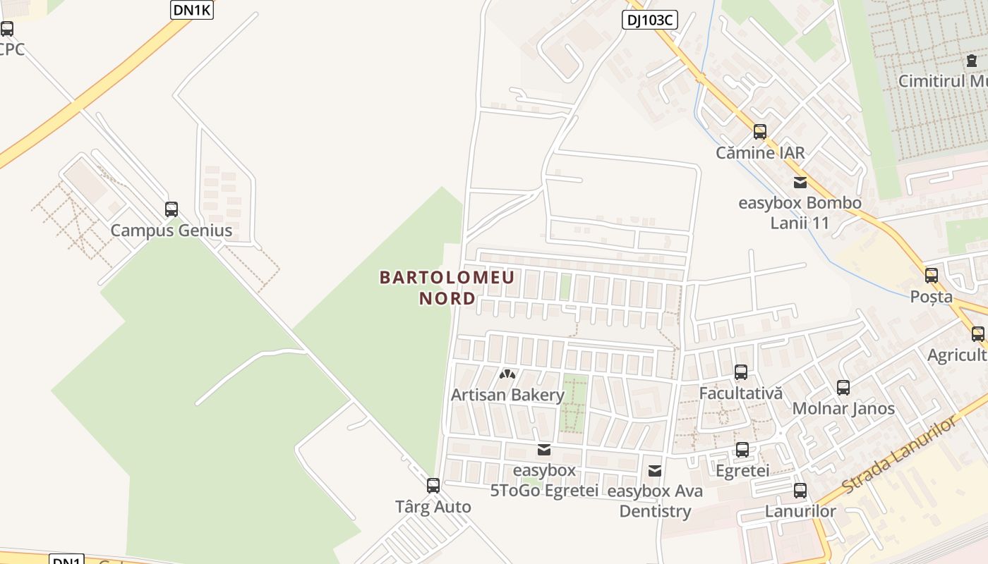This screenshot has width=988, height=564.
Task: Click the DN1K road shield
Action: coord(192,10)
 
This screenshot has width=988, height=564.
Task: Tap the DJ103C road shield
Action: coord(649,20)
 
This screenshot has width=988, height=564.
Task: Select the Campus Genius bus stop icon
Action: coord(171,209)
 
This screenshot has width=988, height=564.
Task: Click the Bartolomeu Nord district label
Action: coord(447,288)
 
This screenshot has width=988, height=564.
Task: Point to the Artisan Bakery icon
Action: coord(507,374)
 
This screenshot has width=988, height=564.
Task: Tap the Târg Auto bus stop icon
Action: coord(433,486)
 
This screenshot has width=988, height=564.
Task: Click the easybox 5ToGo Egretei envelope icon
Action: coord(544,450)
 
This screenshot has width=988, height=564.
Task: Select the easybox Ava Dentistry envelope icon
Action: coord(655,470)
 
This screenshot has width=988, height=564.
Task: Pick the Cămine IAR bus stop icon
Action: coord(760,132)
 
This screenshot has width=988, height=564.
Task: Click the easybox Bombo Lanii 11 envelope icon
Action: coord(800,183)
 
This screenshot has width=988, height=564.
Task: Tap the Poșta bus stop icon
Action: coord(932,276)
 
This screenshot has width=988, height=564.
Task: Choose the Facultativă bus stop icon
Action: coord(741,372)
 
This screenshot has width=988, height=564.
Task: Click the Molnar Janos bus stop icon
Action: coord(843,387)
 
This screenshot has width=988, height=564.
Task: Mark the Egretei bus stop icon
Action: coord(742,450)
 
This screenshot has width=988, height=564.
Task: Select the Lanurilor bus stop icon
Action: coord(800,491)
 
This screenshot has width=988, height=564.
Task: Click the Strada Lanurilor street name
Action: coord(900,454)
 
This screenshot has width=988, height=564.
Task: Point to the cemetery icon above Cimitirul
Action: coord(972,61)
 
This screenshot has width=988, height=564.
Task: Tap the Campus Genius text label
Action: coord(171,231)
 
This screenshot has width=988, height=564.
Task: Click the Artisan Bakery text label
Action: coord(507,395)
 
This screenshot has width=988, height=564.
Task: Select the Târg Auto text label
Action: coord(433,507)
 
